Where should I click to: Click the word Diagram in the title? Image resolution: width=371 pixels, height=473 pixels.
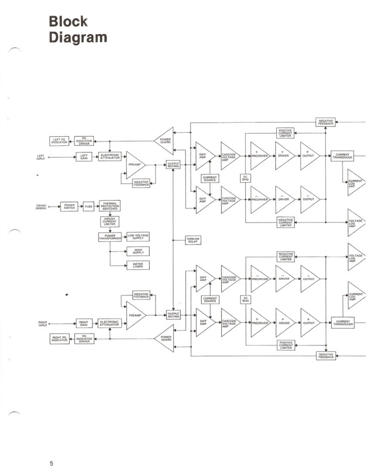click(78, 37)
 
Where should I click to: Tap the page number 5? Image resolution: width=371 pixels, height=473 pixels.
click(52, 464)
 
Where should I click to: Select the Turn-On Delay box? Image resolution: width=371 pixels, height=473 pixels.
click(193, 240)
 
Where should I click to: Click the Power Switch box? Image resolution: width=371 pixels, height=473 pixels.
click(69, 207)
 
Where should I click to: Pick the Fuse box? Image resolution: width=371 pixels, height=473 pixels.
click(88, 207)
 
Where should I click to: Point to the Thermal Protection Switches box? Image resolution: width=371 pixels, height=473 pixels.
click(109, 206)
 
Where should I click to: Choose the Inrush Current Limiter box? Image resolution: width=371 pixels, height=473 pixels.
click(109, 221)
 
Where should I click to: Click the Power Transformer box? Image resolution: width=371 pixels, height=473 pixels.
click(110, 237)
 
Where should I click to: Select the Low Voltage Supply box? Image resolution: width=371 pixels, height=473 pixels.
click(138, 236)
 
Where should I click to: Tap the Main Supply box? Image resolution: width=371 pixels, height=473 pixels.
click(138, 251)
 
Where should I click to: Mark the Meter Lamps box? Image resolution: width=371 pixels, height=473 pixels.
click(138, 265)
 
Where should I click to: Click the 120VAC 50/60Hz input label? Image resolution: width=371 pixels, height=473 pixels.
click(42, 207)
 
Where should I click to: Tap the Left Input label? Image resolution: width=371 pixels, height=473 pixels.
click(41, 157)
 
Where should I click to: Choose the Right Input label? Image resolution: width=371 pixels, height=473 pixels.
click(42, 324)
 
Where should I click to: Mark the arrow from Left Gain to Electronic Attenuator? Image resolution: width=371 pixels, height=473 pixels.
click(95, 157)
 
